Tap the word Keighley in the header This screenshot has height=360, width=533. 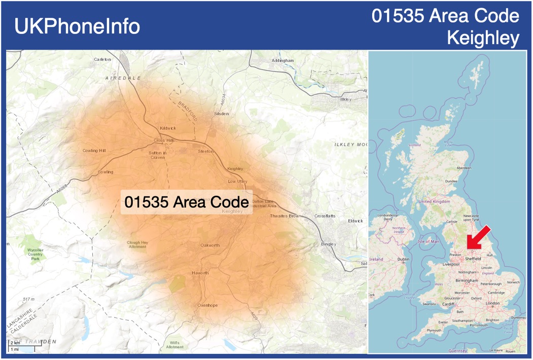483,38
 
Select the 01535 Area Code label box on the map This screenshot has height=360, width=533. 187,202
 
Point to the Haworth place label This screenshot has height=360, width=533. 200,273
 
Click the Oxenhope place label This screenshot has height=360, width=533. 207,305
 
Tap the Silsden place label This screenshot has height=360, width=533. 222,114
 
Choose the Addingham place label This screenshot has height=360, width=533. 282,60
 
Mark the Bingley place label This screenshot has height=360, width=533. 329,244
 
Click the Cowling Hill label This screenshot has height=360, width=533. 94,151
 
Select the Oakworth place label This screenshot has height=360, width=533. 210,245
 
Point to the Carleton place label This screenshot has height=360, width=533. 102,59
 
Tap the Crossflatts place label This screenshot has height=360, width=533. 325,216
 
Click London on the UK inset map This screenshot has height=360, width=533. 492,303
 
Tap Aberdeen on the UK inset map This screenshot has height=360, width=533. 464,168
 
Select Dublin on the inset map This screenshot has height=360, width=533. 403,260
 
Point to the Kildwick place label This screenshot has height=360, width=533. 167,128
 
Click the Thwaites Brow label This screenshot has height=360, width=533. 285,216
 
